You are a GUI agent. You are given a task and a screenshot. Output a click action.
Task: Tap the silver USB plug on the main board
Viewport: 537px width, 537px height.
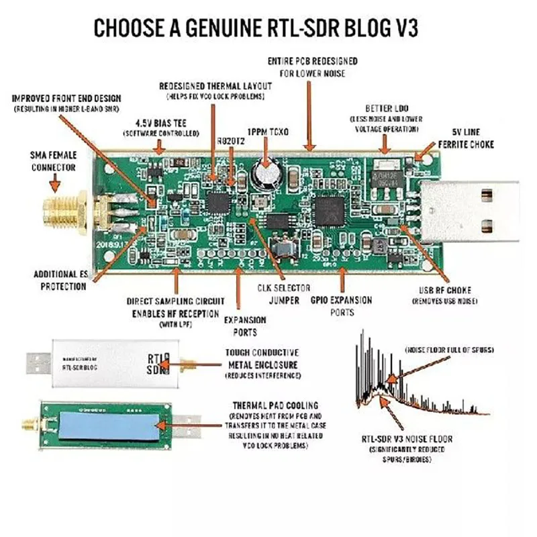[481, 211]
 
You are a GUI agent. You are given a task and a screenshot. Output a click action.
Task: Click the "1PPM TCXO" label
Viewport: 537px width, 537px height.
[268, 133]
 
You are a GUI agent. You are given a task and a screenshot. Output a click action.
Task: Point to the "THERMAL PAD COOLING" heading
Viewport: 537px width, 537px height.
[276, 406]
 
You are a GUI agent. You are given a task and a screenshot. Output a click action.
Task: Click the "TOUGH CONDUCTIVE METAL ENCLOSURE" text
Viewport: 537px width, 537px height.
[262, 358]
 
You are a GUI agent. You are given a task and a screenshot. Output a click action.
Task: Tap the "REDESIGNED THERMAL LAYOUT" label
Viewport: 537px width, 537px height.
[215, 87]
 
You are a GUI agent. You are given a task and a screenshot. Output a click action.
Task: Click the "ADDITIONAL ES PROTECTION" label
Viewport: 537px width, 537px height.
[60, 280]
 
